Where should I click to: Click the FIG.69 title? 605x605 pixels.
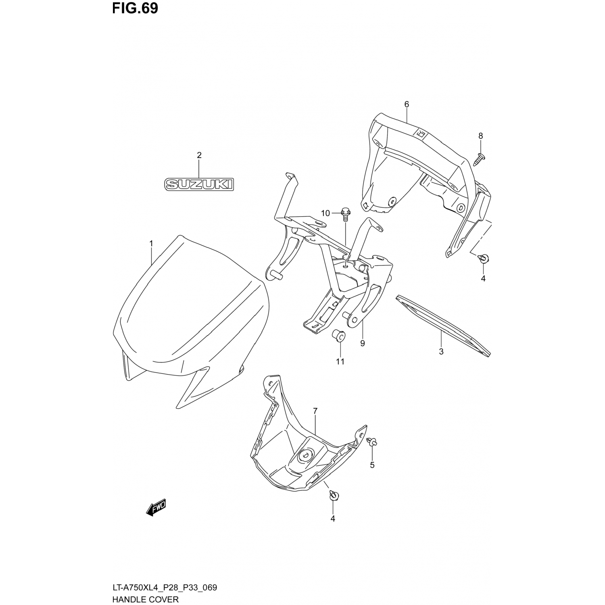pyautogui.click(x=135, y=8)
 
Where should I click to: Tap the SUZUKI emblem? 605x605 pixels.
pyautogui.click(x=199, y=185)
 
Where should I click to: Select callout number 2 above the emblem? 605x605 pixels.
pyautogui.click(x=199, y=155)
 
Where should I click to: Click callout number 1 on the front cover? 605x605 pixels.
pyautogui.click(x=151, y=244)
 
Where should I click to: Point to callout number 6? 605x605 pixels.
pyautogui.click(x=407, y=104)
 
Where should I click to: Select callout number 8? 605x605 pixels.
pyautogui.click(x=480, y=136)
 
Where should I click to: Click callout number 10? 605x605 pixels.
pyautogui.click(x=325, y=213)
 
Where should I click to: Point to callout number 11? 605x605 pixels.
pyautogui.click(x=340, y=361)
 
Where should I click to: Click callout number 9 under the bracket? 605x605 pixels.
pyautogui.click(x=363, y=343)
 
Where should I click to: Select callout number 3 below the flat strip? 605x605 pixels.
pyautogui.click(x=441, y=351)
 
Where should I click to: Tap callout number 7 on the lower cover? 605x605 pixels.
pyautogui.click(x=315, y=411)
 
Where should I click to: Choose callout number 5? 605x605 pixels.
pyautogui.click(x=372, y=465)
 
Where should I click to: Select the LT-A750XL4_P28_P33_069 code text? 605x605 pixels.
pyautogui.click(x=164, y=587)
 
